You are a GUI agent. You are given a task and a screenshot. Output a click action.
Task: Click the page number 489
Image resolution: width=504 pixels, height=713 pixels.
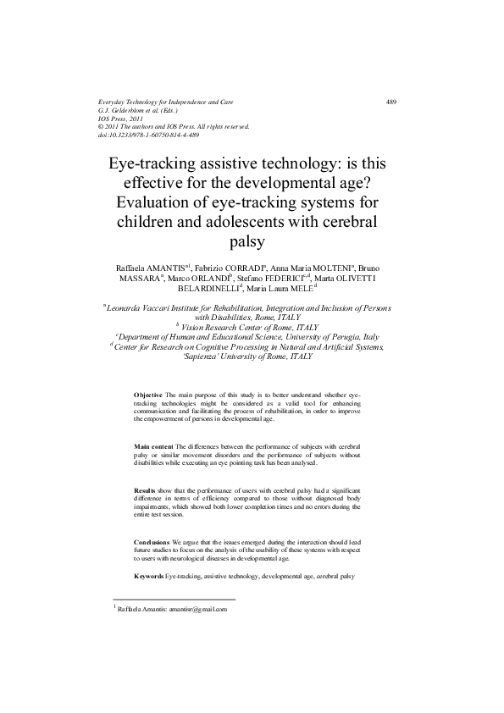[391, 102]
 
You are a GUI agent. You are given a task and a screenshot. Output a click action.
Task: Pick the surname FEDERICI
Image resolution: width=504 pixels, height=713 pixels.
[291, 278]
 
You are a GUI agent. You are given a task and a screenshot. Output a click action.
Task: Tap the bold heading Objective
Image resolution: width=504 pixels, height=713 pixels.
[148, 395]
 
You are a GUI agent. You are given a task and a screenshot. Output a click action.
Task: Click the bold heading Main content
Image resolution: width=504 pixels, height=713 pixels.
[153, 445]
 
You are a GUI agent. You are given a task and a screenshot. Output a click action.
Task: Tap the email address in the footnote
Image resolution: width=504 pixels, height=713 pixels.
[198, 609]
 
